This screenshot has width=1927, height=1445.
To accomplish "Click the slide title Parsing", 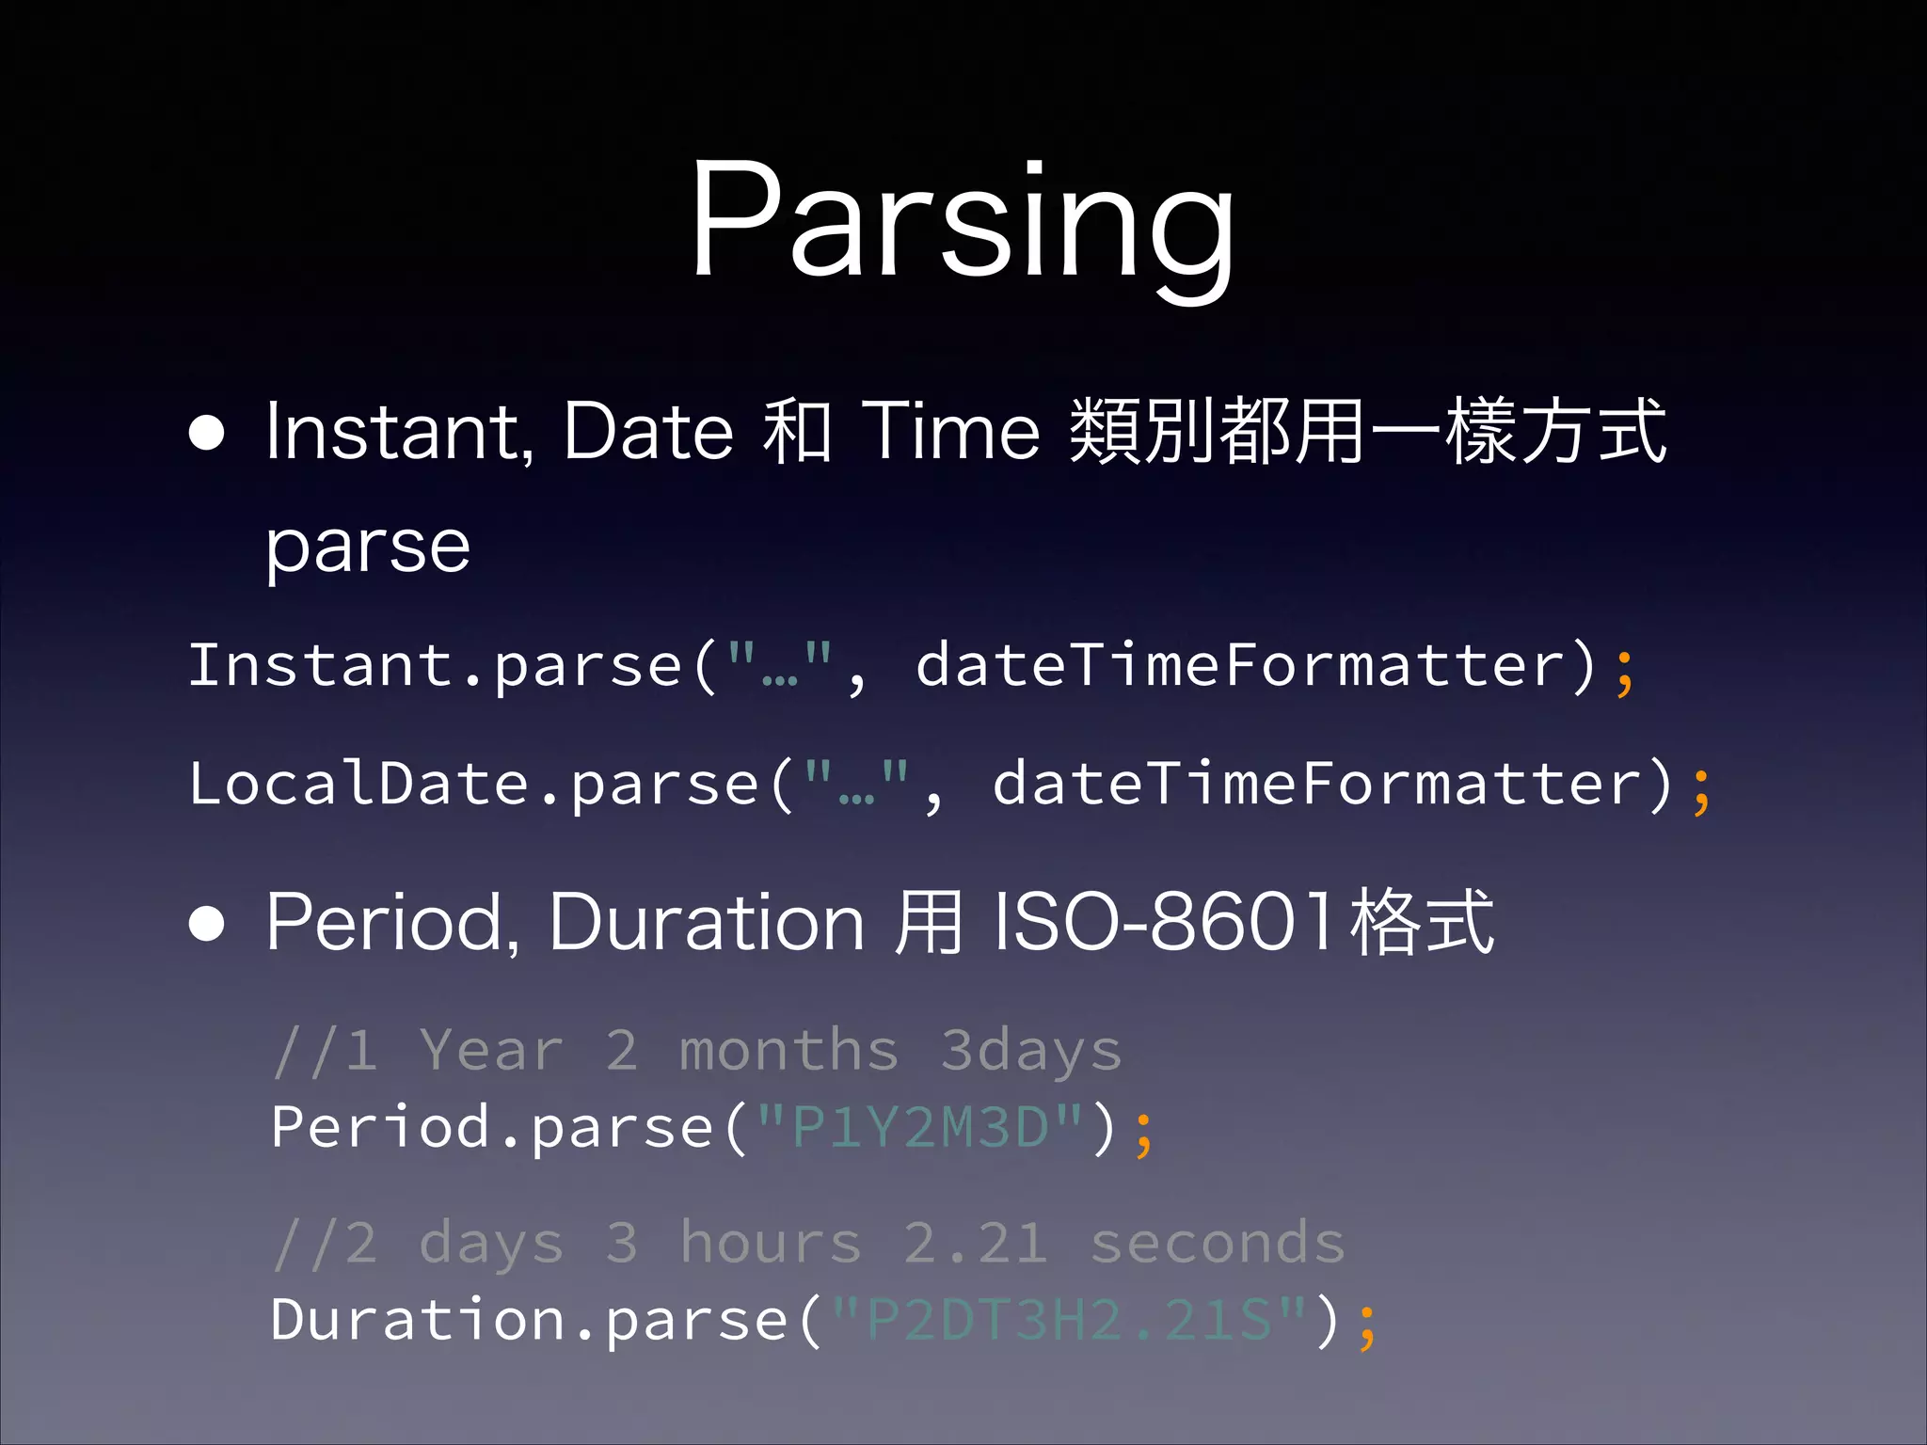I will click(x=962, y=221).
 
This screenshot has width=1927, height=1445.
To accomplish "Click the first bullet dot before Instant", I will click(x=207, y=434).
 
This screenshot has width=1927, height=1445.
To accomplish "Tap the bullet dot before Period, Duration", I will click(x=207, y=925).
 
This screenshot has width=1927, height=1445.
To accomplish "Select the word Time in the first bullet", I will click(x=951, y=432).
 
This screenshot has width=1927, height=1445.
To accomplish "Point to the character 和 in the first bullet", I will click(x=796, y=432).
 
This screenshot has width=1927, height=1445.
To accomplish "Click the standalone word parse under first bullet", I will click(x=368, y=548).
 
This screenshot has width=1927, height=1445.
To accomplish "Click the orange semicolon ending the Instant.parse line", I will click(x=1625, y=670).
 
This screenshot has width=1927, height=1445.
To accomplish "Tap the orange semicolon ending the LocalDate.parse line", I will click(x=1701, y=788).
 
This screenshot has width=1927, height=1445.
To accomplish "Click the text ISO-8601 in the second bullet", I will click(x=1164, y=923).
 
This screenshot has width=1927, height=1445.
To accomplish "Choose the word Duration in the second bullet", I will click(x=706, y=923).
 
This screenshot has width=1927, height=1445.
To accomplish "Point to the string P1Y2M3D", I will click(x=920, y=1127).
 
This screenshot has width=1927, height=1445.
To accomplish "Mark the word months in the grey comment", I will click(x=788, y=1050).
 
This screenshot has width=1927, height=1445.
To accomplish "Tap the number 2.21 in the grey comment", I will click(x=976, y=1243).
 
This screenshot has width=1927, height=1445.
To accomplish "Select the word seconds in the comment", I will click(x=1218, y=1243).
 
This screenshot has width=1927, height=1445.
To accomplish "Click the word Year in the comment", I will click(x=491, y=1050).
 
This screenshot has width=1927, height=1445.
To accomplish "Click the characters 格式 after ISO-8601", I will click(x=1422, y=923).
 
